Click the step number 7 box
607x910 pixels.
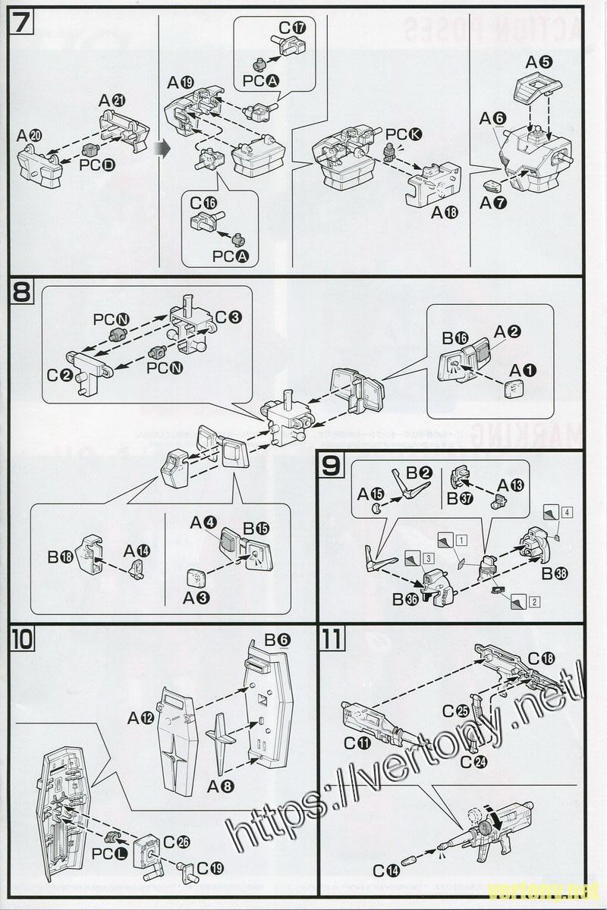coord(21,22)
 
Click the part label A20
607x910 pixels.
coord(30,135)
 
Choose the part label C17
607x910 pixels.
coord(292,28)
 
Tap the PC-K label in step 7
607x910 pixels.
coord(404,135)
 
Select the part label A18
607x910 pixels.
coord(445,213)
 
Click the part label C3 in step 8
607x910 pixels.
coord(228,316)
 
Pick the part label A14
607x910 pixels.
coord(137,550)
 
